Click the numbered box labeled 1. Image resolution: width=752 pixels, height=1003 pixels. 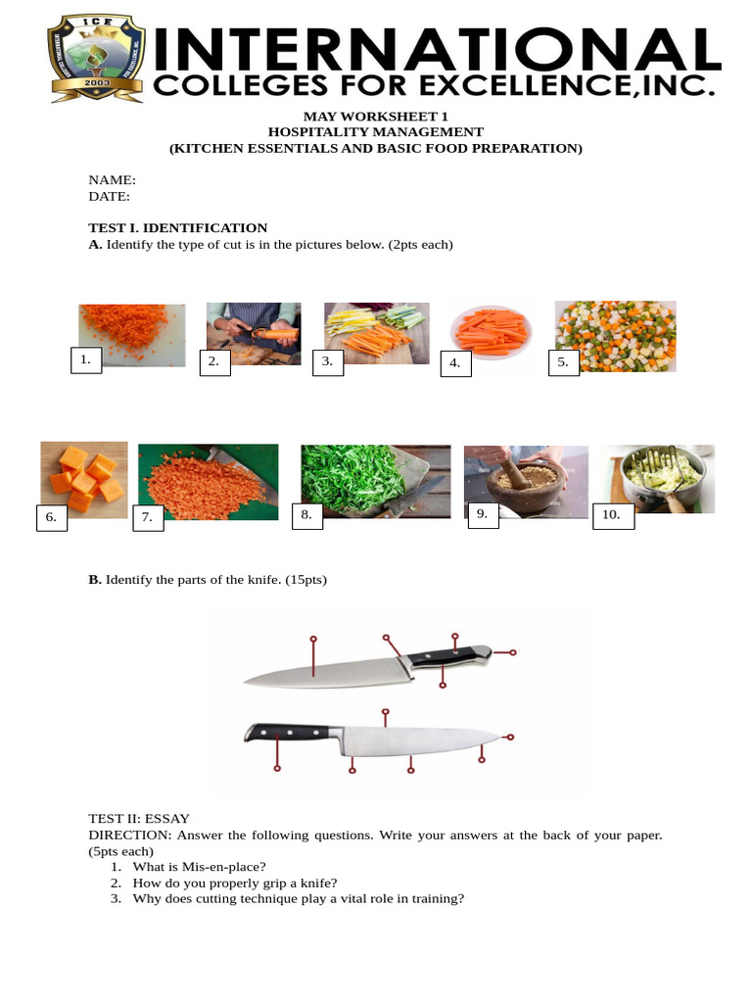(86, 360)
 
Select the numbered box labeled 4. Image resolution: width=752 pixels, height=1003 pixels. (455, 363)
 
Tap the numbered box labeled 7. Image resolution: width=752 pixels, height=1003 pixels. (148, 517)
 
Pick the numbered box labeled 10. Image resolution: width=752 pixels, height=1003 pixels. (613, 515)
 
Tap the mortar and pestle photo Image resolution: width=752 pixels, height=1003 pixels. (526, 480)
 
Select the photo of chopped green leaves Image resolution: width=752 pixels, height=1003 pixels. (375, 480)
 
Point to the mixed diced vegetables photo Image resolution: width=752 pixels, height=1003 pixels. (616, 335)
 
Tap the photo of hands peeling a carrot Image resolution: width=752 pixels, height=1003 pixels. (254, 332)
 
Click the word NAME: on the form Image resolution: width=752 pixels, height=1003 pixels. (112, 180)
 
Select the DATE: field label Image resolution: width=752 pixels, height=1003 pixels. (110, 196)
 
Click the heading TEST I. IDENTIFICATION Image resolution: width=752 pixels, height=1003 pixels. (177, 228)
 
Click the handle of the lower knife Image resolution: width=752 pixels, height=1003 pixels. (293, 733)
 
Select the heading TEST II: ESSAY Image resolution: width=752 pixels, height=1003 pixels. (139, 819)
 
